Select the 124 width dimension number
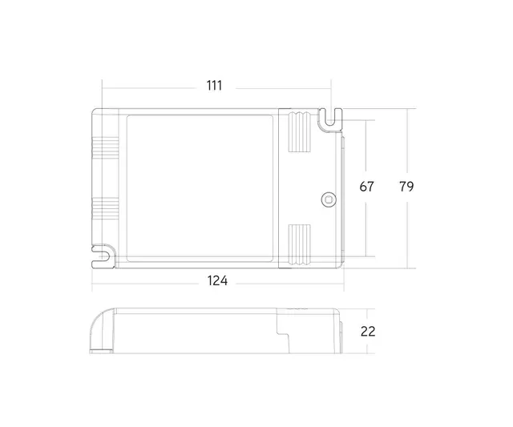pyautogui.click(x=217, y=281)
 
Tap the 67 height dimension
pyautogui.click(x=366, y=187)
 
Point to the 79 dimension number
pyautogui.click(x=406, y=187)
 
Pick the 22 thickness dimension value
pyautogui.click(x=367, y=331)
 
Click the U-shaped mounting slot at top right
pyautogui.click(x=329, y=119)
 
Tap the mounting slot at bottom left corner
pyautogui.click(x=101, y=256)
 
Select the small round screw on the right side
pyautogui.click(x=327, y=198)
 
